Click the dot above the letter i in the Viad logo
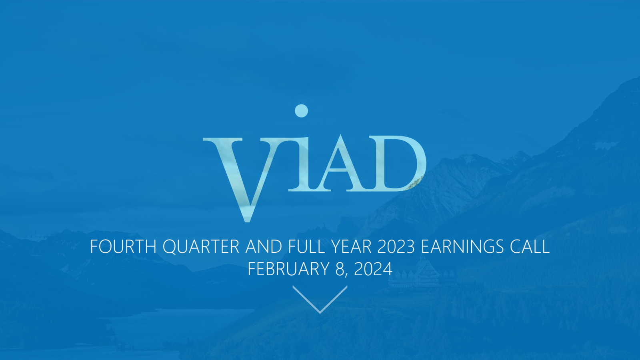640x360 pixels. (x=301, y=111)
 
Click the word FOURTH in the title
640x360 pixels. (x=123, y=246)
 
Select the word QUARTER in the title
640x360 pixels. (x=201, y=247)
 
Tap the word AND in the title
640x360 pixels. (x=264, y=246)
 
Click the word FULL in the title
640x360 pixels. (x=306, y=246)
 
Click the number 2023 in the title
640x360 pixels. (x=396, y=246)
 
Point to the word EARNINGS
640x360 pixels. (x=462, y=246)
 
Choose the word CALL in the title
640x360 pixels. (x=530, y=246)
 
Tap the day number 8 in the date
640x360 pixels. (x=340, y=269)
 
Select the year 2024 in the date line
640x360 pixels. (x=373, y=269)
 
